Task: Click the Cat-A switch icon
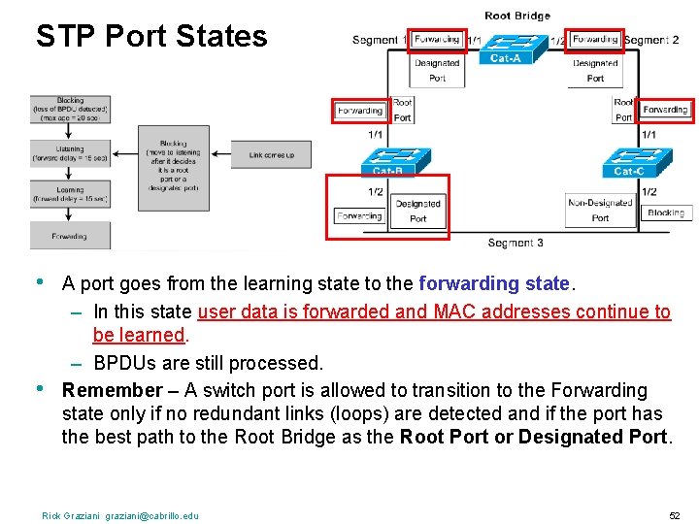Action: tap(504, 49)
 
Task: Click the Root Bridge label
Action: tap(516, 16)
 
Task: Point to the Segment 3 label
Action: tap(516, 243)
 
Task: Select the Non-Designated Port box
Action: tap(600, 211)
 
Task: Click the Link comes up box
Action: tap(272, 155)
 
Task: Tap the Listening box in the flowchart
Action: tap(69, 153)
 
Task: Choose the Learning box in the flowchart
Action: tap(69, 194)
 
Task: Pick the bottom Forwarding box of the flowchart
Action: tap(69, 236)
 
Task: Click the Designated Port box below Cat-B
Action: tap(418, 211)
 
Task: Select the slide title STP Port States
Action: tap(150, 36)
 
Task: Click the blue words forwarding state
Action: tap(493, 284)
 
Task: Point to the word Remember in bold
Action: tap(112, 390)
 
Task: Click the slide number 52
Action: tap(674, 515)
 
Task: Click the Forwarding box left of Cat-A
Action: tap(436, 40)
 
